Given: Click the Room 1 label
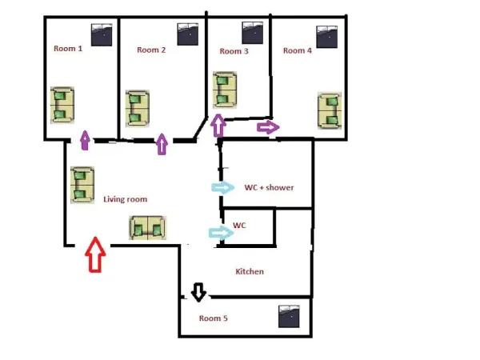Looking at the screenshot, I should coord(68,49).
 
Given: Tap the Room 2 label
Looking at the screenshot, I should coord(151,50).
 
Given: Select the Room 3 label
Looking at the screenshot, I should coord(234,51).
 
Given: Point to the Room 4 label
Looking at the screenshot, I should coord(298,50).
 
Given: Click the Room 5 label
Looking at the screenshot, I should coord(214,318).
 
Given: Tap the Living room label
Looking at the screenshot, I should coord(126,199).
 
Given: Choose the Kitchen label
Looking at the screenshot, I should coord(250,272).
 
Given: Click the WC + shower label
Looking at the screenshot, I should coord(269,188).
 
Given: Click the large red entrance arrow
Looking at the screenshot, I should coord(95,254).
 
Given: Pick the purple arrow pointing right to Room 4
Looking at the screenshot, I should coord(267,126).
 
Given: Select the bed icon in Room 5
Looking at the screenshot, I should coord(290,316).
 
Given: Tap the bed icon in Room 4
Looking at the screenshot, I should coord(326,36).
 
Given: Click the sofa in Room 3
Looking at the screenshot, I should coord(225,90).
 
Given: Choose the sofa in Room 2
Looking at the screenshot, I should coord(138,108).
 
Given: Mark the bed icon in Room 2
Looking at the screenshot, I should coord(187,34).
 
